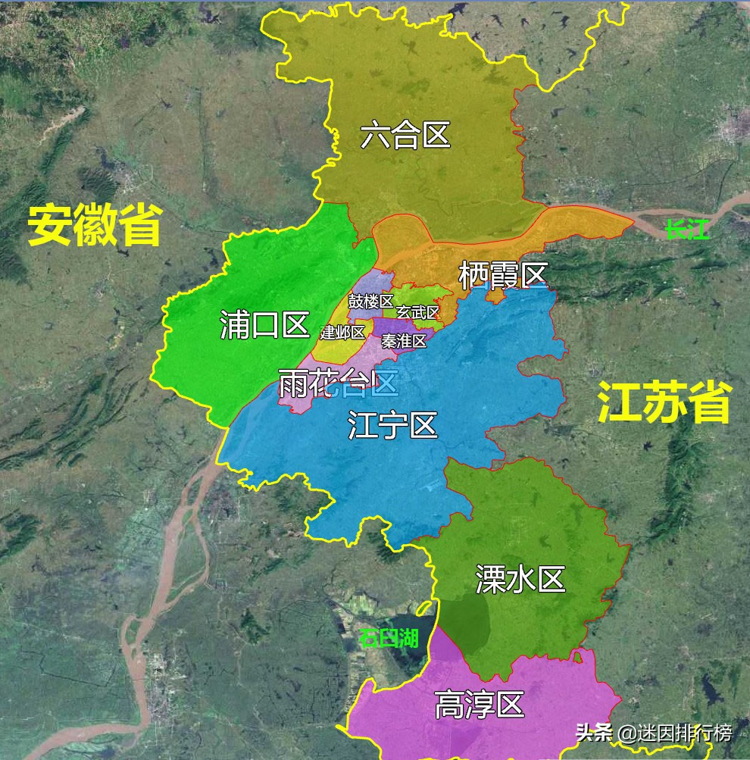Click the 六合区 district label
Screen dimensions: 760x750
pos(405,136)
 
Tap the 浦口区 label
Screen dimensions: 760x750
pos(264,326)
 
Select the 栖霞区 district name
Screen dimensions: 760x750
pos(502,277)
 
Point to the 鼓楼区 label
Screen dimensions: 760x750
pos(370,301)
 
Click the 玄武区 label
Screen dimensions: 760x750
pos(417,312)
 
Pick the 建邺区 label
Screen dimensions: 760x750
pos(342,332)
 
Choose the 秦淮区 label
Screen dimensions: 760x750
pos(404,341)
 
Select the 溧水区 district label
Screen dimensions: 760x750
pos(520,580)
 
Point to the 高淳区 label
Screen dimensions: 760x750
pos(479,706)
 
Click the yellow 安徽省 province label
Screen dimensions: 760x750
pos(95,225)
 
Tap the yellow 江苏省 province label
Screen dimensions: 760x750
pos(664,402)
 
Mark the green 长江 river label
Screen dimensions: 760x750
pos(687,230)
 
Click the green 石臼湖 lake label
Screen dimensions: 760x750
pos(389,637)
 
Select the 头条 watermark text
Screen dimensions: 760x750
pos(592,733)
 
